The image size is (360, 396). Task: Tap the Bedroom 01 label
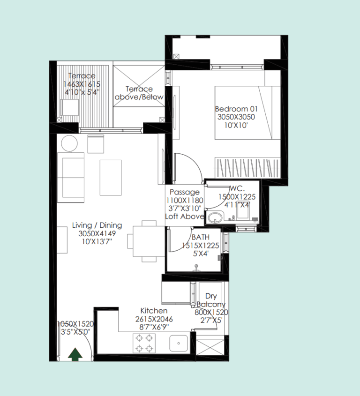[236, 109]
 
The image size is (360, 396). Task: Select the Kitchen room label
[154, 311]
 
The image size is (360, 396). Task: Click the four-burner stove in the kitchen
[144, 343]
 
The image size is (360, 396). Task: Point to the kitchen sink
[179, 343]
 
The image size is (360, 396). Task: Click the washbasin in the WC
[215, 217]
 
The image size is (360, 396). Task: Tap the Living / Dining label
[97, 225]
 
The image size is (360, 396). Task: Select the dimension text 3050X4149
[97, 233]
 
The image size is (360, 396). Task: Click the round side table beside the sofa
[69, 143]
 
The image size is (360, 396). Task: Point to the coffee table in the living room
[111, 178]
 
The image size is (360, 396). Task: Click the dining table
[149, 241]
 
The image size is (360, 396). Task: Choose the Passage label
[185, 192]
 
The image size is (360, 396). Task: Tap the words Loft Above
[184, 217]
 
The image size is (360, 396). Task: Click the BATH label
[201, 237]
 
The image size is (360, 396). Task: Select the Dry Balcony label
[211, 300]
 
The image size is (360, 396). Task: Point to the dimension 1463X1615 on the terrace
[82, 84]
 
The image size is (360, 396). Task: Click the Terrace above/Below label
[139, 93]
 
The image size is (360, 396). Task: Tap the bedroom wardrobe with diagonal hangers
[247, 168]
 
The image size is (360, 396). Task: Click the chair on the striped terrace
[70, 108]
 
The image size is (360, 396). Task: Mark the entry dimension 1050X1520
[75, 324]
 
